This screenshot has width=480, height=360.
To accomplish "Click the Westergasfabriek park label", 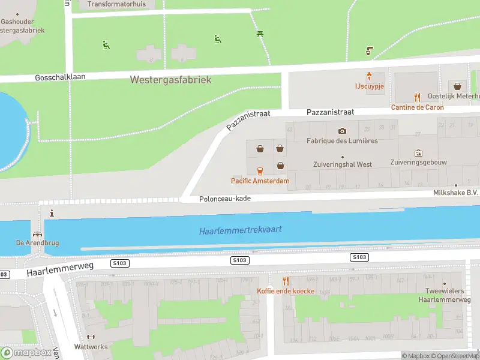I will click(x=170, y=80).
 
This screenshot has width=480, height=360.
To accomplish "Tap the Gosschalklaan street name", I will click(x=60, y=78).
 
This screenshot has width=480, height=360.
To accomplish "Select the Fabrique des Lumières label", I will click(x=342, y=141).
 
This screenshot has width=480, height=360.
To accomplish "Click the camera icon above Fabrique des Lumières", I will click(x=342, y=131).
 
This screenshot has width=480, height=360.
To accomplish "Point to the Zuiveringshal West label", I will click(x=343, y=164).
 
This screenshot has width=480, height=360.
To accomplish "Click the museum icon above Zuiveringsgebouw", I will click(x=418, y=153).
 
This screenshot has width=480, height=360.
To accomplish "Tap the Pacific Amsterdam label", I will click(x=260, y=181).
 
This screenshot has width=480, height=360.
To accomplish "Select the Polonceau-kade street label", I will click(x=225, y=199).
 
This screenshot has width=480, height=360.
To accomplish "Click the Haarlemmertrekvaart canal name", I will click(x=240, y=230).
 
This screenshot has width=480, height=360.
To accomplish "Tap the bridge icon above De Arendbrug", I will click(x=38, y=235).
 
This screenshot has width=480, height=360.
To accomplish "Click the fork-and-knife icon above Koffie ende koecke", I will click(x=286, y=281).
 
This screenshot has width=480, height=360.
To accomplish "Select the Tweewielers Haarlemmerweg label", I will click(x=444, y=295).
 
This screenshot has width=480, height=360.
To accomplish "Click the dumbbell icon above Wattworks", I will click(x=91, y=337).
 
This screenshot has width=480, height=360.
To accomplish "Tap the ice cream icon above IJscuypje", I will click(x=369, y=76).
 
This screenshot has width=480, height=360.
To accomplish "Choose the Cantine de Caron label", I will click(x=418, y=107).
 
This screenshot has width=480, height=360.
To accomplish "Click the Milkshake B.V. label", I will click(x=455, y=193).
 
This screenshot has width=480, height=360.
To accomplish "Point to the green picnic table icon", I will click(x=260, y=34).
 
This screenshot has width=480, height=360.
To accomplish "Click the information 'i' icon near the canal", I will click(x=52, y=213).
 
